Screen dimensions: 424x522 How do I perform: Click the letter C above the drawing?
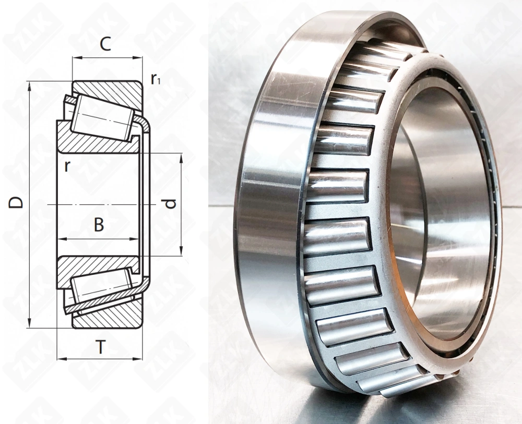pyautogui.click(x=106, y=44)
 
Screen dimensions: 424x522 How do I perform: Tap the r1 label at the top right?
pyautogui.click(x=156, y=79)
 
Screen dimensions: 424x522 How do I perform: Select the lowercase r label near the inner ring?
pyautogui.click(x=67, y=166)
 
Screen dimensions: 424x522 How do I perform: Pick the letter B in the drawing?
pyautogui.click(x=99, y=225)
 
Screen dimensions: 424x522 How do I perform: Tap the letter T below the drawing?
pyautogui.click(x=100, y=347)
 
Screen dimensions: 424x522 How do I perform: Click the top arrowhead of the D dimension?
pyautogui.click(x=29, y=85)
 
